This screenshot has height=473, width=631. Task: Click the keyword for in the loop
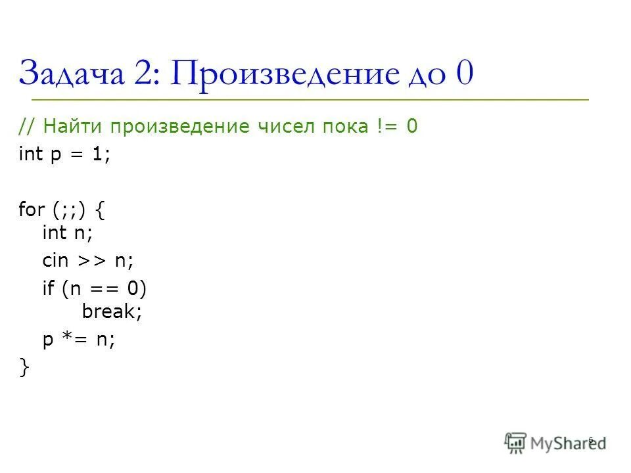pyautogui.click(x=31, y=210)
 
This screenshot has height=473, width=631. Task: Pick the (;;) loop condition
pyautogui.click(x=68, y=211)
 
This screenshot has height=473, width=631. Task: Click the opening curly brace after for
pyautogui.click(x=99, y=211)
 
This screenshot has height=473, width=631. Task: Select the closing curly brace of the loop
pyautogui.click(x=24, y=369)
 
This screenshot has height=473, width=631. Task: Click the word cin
pyautogui.click(x=55, y=260)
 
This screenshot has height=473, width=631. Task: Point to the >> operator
pyautogui.click(x=91, y=261)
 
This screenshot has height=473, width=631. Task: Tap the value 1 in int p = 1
pyautogui.click(x=97, y=156)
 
